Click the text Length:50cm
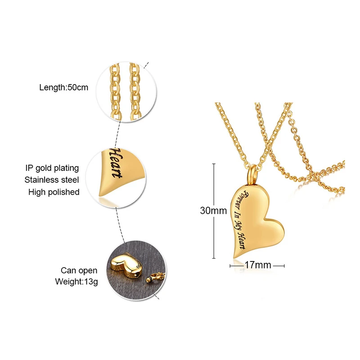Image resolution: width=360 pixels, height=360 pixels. point(64,87)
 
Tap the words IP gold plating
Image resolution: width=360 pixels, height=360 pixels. point(52,168)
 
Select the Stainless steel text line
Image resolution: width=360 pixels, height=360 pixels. point(52,180)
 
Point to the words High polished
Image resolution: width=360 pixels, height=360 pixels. point(54,192)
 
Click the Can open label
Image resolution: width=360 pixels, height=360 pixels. point(79,270)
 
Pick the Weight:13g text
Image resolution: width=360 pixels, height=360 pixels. point(76,282)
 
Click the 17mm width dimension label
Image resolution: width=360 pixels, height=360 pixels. point(257,265)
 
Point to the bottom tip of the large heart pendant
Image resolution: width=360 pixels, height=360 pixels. point(234,256)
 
